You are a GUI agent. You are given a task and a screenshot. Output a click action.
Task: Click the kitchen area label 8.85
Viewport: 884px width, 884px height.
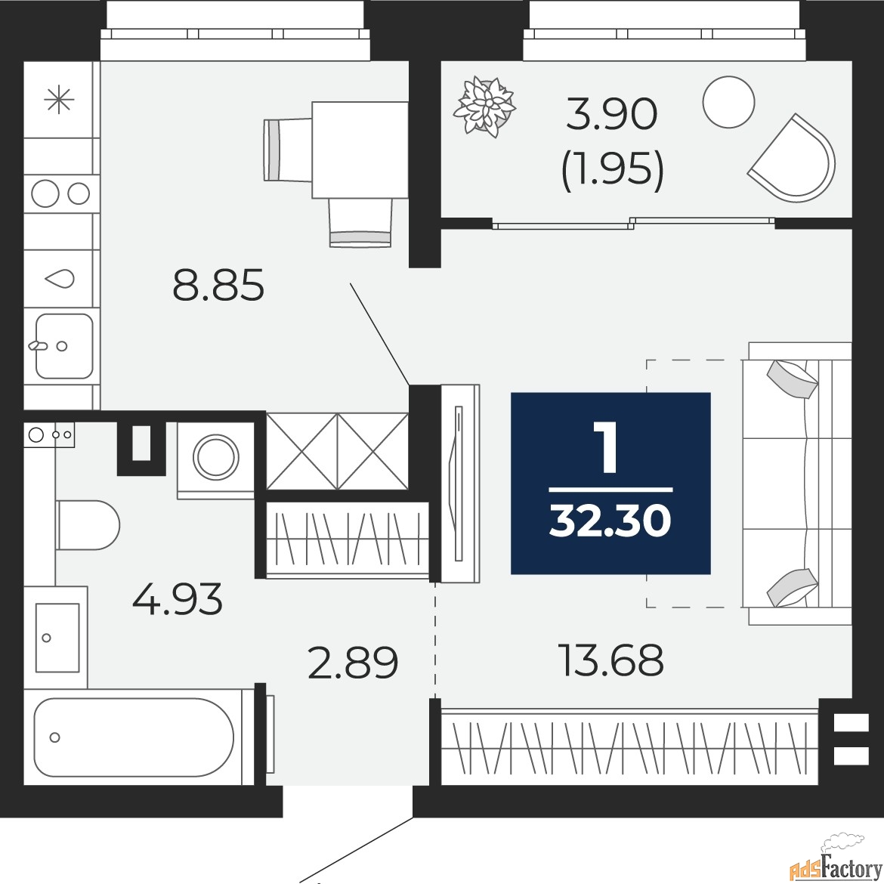(x=218, y=286)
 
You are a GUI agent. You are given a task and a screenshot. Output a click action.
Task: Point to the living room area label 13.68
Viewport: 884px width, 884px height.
(x=611, y=660)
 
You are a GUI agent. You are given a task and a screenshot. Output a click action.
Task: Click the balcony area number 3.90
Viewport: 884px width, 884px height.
(x=612, y=114)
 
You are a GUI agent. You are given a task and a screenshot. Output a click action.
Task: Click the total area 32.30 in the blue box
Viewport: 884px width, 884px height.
(x=610, y=521)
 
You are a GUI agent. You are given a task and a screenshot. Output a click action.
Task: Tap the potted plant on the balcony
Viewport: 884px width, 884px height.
(x=485, y=107)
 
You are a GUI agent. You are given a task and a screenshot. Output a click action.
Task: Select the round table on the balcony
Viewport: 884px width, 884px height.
(x=728, y=101)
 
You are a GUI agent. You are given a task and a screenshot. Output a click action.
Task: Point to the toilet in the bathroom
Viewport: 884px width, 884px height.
(x=88, y=525)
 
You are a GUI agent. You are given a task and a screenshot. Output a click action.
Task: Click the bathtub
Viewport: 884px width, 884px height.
(x=134, y=737)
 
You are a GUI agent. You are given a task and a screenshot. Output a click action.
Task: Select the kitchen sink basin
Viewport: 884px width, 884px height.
(x=64, y=346)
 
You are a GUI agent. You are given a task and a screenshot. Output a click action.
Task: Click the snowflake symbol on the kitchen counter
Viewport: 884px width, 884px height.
(x=59, y=100)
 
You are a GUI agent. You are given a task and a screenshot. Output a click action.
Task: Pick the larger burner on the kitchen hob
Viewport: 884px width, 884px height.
(x=45, y=193)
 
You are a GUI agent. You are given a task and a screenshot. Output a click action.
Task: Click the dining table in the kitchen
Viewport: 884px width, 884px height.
(x=360, y=150)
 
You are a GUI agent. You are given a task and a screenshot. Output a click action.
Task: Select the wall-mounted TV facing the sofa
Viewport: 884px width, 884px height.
(x=459, y=484)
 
